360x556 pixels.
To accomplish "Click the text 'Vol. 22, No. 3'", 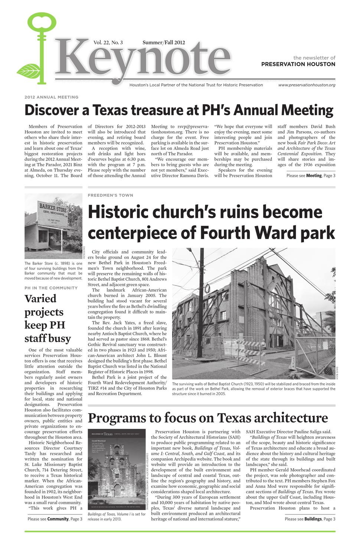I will [x=108, y=43].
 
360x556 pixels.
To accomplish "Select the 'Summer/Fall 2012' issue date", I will [x=164, y=43].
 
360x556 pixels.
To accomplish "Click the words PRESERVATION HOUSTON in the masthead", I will [x=298, y=64].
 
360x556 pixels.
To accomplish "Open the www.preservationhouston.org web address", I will [x=307, y=85].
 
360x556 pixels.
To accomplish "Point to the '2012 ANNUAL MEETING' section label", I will [x=52, y=97].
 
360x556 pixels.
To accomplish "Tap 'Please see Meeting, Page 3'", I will [x=311, y=175].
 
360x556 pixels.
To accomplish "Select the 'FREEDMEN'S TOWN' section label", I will [x=110, y=195].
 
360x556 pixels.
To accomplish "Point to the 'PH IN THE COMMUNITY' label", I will [x=51, y=288].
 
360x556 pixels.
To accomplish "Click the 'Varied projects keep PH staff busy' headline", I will [x=48, y=318].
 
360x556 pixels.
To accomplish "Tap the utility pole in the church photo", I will [x=202, y=297].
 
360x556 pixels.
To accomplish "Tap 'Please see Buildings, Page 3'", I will [x=310, y=519].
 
